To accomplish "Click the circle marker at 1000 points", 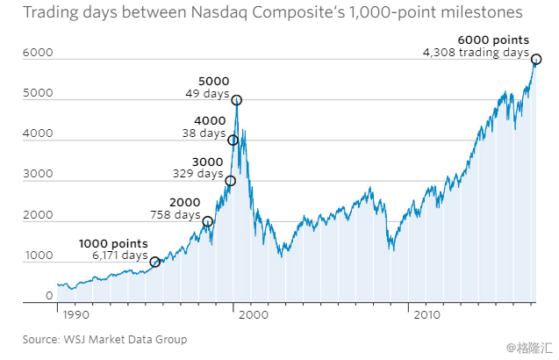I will (155, 262).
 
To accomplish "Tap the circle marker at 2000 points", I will (208, 221).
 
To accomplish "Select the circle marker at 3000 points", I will (231, 181).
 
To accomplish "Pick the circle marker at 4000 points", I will (233, 140).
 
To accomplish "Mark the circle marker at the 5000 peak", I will (236, 100).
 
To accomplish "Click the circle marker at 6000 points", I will (536, 60).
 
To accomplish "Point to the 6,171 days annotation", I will (121, 256).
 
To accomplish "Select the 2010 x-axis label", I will (426, 313).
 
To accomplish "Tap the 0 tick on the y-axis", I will (50, 297).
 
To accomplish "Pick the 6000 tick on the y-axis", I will (40, 54).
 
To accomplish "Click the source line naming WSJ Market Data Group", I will (104, 339).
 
